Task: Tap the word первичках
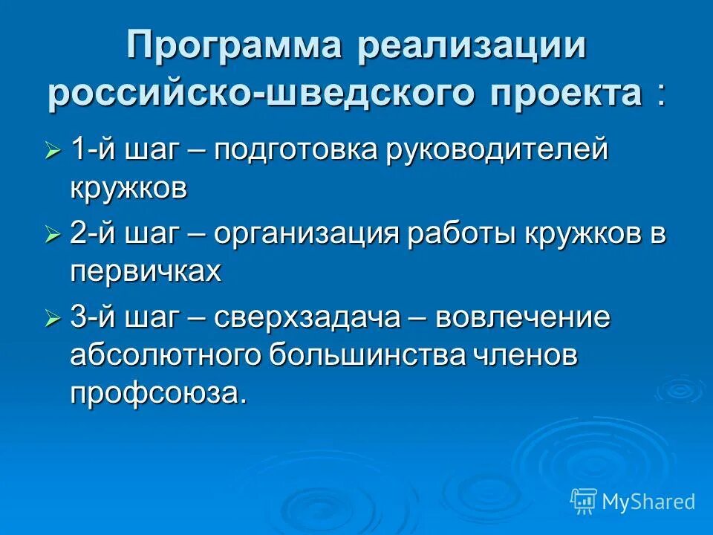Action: pos(146,271)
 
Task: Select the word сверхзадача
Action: pos(308,319)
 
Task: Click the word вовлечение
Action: pos(523,319)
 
